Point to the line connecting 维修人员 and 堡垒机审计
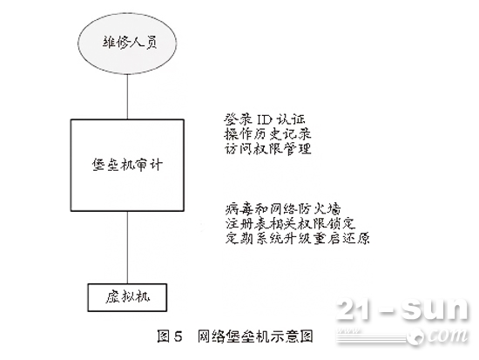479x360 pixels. pos(127,96)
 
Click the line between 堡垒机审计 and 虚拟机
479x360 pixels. pos(127,248)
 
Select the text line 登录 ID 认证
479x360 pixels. pos(265,119)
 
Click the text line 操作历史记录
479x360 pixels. pos(268,134)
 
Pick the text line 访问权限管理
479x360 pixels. pos(268,149)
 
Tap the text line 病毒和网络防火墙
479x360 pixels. pos(283,209)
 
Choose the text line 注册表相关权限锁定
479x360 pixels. pos(290,224)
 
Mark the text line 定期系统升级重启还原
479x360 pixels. pos(298,238)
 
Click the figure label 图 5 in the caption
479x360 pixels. pos(170,336)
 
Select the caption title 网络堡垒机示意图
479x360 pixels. pos(255,336)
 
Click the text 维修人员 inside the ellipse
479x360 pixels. pos(130,43)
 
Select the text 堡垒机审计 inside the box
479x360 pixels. pos(127,165)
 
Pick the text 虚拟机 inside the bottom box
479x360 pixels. pos(128,297)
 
